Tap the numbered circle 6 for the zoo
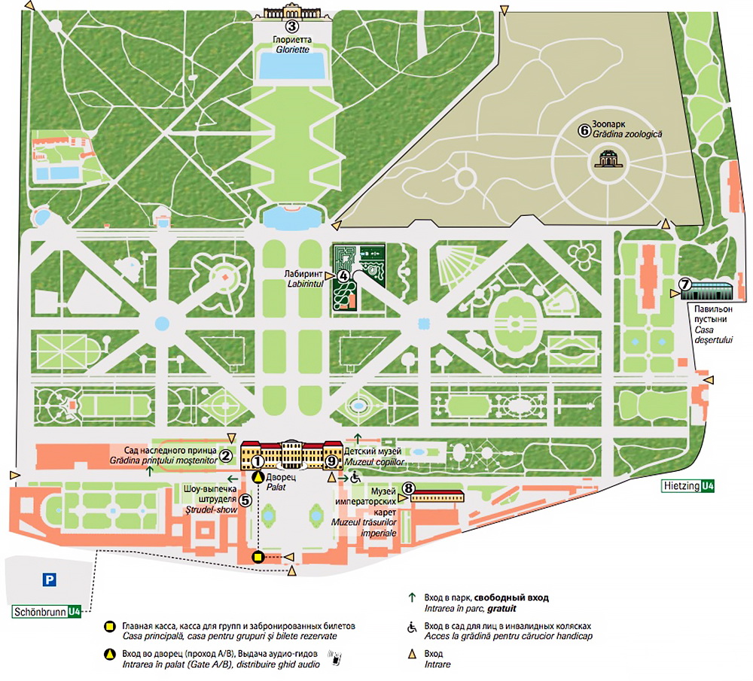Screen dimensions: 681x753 [x=583, y=129]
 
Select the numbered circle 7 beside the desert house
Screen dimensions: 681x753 [x=684, y=284]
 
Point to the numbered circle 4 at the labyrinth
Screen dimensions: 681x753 [x=343, y=275]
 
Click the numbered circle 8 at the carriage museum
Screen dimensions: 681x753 [x=407, y=488]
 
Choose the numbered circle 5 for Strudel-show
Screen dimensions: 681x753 [x=245, y=499]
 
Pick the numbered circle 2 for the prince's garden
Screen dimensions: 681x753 [x=224, y=455]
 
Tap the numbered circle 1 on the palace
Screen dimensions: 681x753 [x=258, y=461]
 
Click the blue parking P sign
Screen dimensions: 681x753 [x=50, y=579]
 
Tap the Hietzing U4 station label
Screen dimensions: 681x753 [x=688, y=486]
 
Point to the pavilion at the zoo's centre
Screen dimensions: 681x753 [x=606, y=158]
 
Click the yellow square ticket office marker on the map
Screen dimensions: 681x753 [x=258, y=557]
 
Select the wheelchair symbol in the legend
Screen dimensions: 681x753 [x=411, y=627]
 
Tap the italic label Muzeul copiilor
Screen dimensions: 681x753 [x=374, y=461]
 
